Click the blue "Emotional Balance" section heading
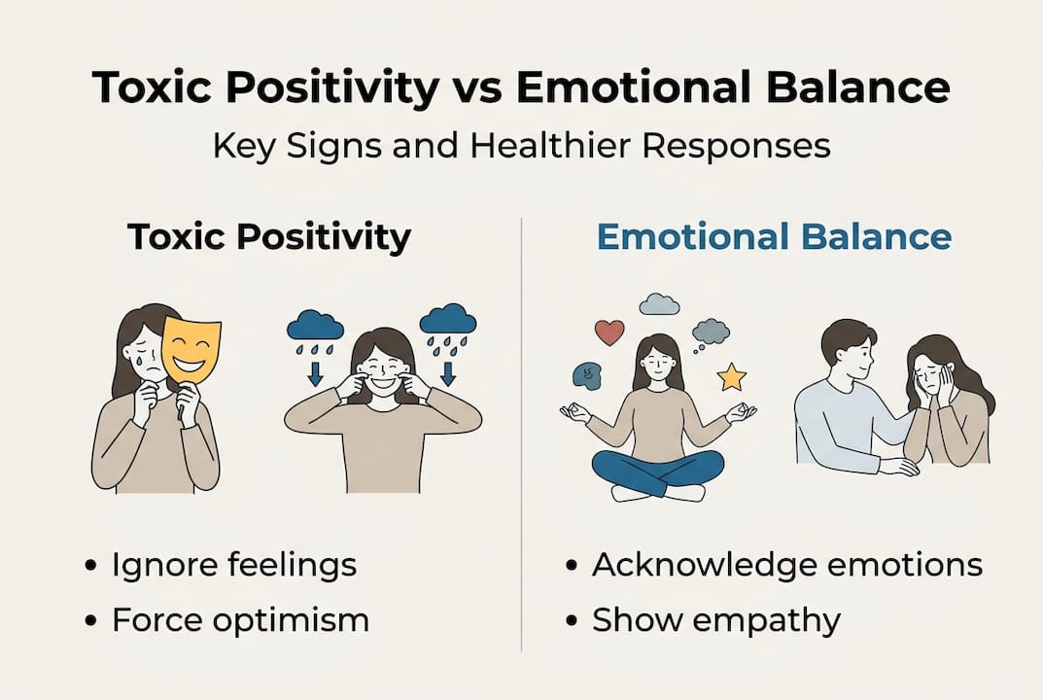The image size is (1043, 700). coord(774,238)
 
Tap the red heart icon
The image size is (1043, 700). coord(608,332)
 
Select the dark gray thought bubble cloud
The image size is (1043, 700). coord(711,332)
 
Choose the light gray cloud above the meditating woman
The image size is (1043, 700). coord(659,304)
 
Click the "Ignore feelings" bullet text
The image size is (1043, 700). coord(233,565)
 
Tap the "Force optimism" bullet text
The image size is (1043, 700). coord(239,620)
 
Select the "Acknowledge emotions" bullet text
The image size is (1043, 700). coord(786,565)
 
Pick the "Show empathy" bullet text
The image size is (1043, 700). coord(715,620)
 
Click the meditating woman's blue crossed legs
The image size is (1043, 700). coord(658,472)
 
